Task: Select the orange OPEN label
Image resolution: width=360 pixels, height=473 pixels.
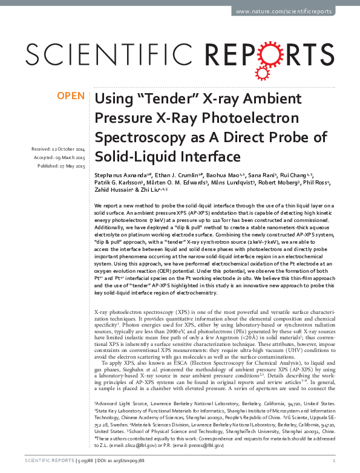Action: point(70,96)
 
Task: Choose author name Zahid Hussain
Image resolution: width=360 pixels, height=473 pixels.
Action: point(113,190)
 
